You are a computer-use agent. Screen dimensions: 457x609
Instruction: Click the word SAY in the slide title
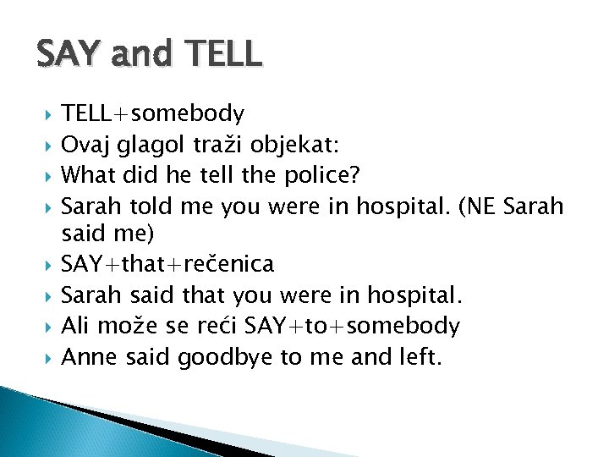pos(71,54)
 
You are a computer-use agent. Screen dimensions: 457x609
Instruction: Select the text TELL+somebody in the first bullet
pos(153,113)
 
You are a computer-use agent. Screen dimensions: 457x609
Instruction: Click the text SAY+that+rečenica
pos(168,265)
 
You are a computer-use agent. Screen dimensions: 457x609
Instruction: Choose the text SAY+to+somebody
pos(363,326)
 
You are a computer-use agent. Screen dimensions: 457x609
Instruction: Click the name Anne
pos(89,357)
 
